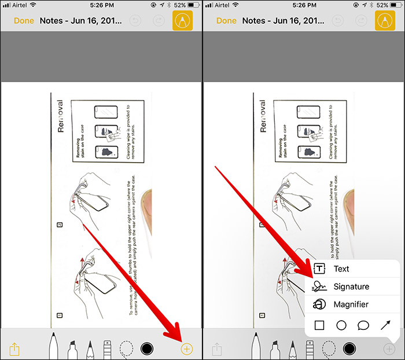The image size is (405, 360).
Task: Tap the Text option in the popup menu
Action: tap(341, 269)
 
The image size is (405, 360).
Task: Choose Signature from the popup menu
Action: tap(351, 287)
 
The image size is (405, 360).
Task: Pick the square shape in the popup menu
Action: tap(319, 325)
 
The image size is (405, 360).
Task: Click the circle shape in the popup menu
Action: tap(341, 325)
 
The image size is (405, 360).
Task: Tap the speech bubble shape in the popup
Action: tap(363, 325)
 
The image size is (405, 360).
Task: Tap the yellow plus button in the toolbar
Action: tap(186, 348)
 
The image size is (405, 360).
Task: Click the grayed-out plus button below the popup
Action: tap(389, 349)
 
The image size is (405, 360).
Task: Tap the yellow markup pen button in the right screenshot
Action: tap(385, 21)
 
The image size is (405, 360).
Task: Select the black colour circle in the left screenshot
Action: tap(147, 348)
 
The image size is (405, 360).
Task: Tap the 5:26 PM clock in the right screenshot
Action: tap(304, 5)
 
